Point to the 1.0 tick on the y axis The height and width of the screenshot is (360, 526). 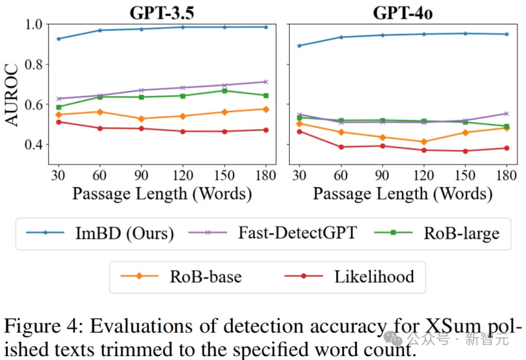(x=34, y=25)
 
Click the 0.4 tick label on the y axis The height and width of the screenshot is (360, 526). (x=34, y=145)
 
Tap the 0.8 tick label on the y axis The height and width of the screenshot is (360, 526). (x=34, y=65)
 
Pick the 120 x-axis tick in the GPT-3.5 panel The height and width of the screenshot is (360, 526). (x=183, y=175)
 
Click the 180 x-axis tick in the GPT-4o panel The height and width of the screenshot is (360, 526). (x=507, y=175)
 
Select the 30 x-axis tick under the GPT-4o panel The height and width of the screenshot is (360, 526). (x=299, y=175)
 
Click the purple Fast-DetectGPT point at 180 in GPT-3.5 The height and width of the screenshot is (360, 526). (x=265, y=82)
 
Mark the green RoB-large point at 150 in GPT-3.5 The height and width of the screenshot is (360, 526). (x=225, y=91)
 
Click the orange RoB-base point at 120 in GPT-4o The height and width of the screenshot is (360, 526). (x=424, y=142)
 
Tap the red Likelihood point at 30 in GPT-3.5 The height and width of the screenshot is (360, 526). (x=59, y=122)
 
